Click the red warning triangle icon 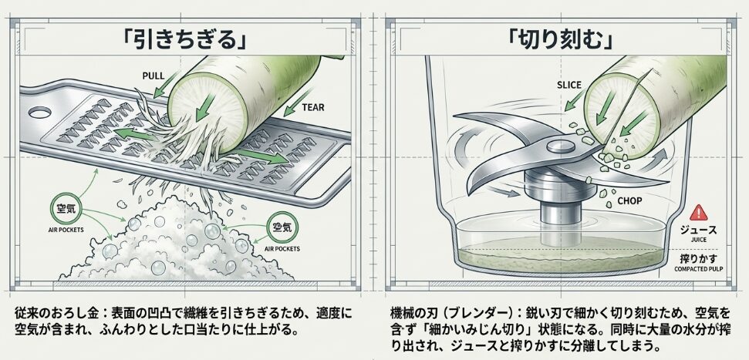tap(698, 211)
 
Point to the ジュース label tap(698, 229)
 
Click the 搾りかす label tap(698, 257)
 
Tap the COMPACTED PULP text tap(698, 270)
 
